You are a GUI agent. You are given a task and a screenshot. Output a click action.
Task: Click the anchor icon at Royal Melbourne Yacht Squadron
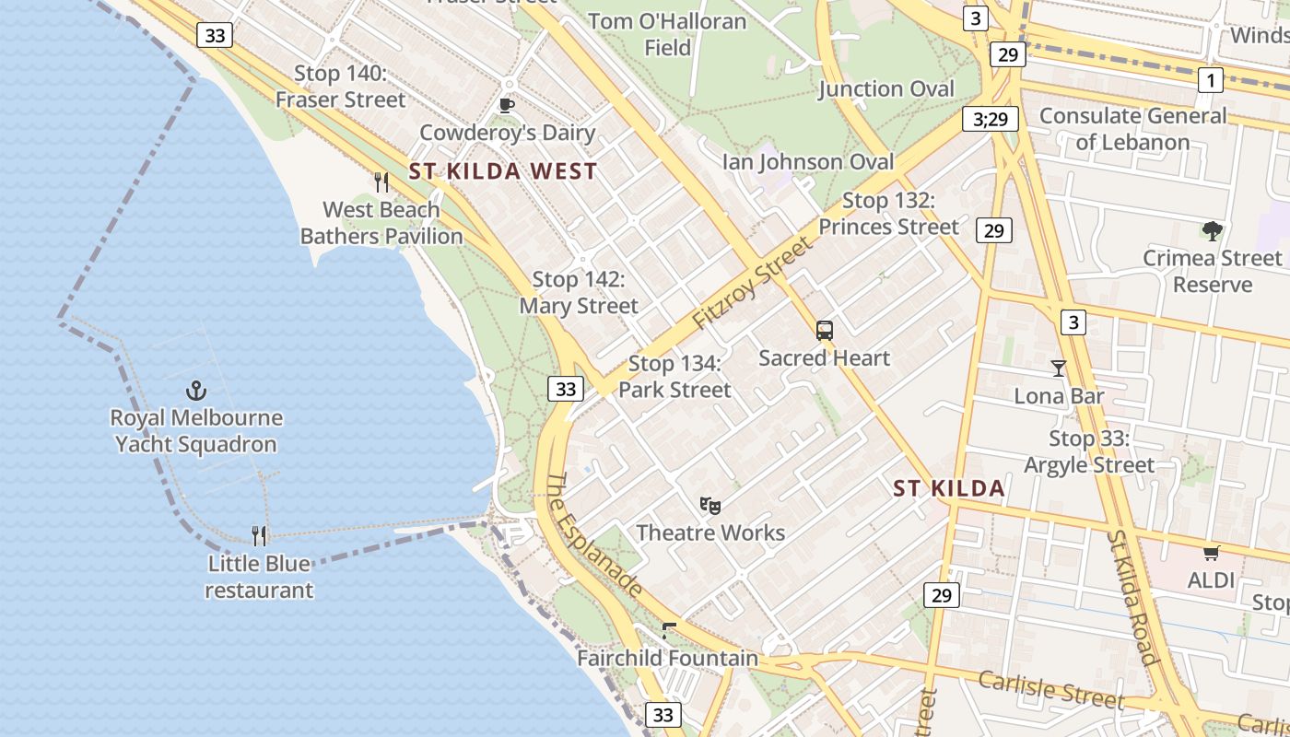(196, 390)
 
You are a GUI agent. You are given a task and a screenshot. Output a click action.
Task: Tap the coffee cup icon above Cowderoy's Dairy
(506, 105)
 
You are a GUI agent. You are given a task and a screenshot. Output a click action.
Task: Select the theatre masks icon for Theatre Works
(709, 505)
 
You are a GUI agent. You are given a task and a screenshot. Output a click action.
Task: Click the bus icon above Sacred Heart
(825, 331)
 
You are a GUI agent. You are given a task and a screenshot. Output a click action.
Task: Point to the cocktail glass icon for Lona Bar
(1058, 368)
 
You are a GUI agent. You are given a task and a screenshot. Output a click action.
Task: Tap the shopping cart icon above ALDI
(1211, 553)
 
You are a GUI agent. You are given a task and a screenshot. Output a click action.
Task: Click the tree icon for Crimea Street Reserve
(1212, 230)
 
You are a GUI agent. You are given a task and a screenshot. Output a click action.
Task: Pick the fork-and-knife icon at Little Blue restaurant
(259, 535)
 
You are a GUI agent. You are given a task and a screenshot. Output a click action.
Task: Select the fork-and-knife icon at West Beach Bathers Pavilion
(381, 181)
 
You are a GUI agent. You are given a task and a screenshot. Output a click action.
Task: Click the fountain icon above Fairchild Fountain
(669, 631)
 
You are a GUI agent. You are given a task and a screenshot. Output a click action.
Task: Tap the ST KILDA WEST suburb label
(503, 171)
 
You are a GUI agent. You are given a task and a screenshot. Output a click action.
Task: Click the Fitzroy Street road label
(754, 283)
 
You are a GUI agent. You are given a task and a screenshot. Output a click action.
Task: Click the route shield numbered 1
(1211, 80)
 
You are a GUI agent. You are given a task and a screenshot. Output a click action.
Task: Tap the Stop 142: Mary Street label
(579, 292)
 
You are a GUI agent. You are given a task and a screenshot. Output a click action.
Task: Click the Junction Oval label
(886, 88)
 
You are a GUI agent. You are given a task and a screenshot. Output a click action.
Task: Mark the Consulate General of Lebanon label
(1133, 129)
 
